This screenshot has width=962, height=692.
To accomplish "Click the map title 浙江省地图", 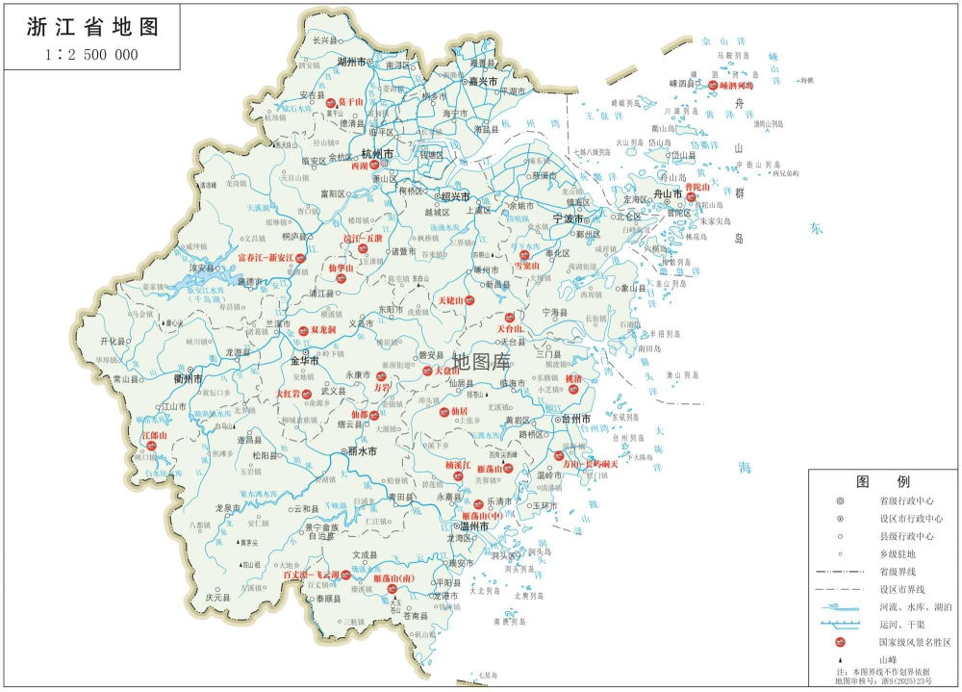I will click(93, 26).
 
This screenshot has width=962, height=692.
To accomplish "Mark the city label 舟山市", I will click(668, 193).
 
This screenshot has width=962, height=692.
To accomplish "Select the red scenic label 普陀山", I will click(696, 187).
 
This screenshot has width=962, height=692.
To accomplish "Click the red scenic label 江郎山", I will click(154, 436).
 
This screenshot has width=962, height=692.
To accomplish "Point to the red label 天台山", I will click(510, 316).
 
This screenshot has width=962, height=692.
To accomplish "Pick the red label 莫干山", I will click(349, 101).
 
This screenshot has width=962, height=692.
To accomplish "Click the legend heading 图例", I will click(882, 481).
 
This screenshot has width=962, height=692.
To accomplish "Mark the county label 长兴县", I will click(325, 41).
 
